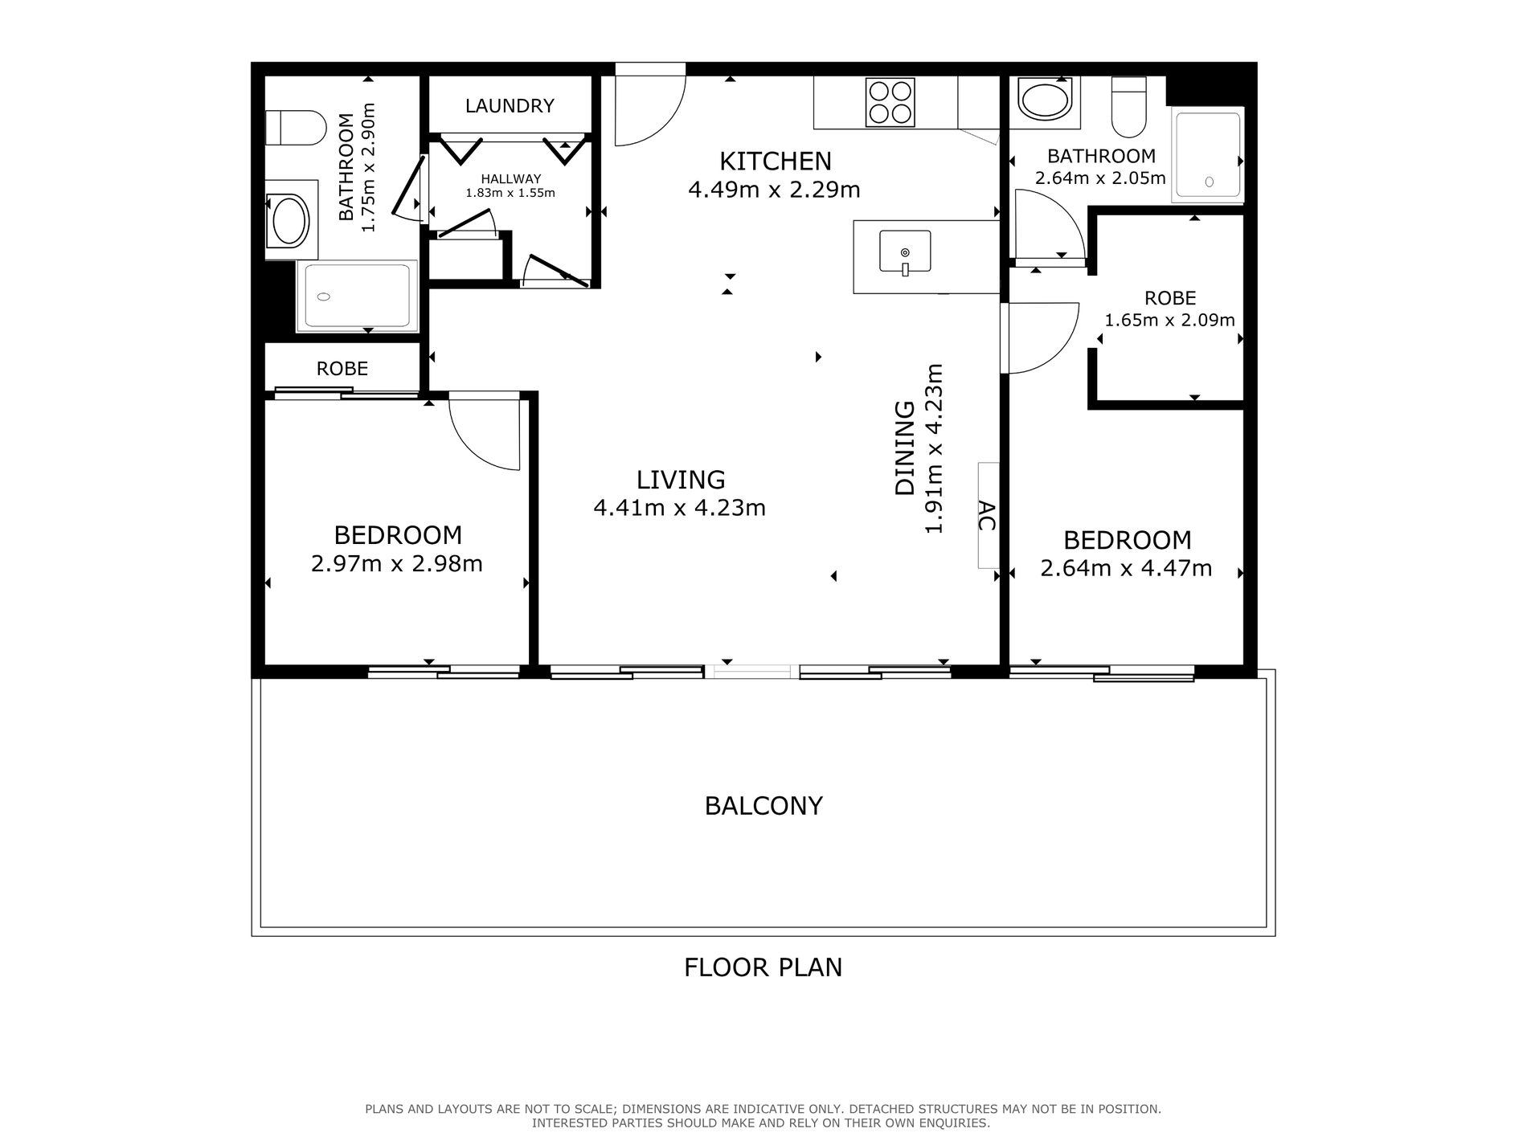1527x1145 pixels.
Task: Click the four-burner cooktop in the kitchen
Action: [x=890, y=102]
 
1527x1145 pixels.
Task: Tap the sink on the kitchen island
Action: [x=905, y=252]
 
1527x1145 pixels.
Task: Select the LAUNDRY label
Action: [x=510, y=106]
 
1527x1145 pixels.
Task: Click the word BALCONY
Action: [x=763, y=806]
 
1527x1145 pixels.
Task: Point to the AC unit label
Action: [x=987, y=516]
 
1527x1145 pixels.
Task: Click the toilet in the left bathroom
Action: [x=296, y=128]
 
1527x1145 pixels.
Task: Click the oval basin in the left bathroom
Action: [x=290, y=220]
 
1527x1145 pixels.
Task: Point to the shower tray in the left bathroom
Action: [x=357, y=296]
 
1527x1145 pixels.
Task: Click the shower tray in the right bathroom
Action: [x=1208, y=155]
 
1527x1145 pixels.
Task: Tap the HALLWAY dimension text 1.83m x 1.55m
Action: [x=510, y=194]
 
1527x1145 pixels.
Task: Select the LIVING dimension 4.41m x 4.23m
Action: [x=679, y=509]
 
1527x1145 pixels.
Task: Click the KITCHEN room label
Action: [x=775, y=162]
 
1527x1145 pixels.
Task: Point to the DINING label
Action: [x=905, y=448]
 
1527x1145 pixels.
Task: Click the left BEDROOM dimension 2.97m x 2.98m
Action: [x=397, y=564]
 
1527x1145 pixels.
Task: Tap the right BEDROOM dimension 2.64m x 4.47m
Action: [x=1126, y=569]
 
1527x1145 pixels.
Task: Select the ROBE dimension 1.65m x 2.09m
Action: [x=1169, y=321]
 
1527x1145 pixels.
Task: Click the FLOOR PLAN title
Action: [x=763, y=967]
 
